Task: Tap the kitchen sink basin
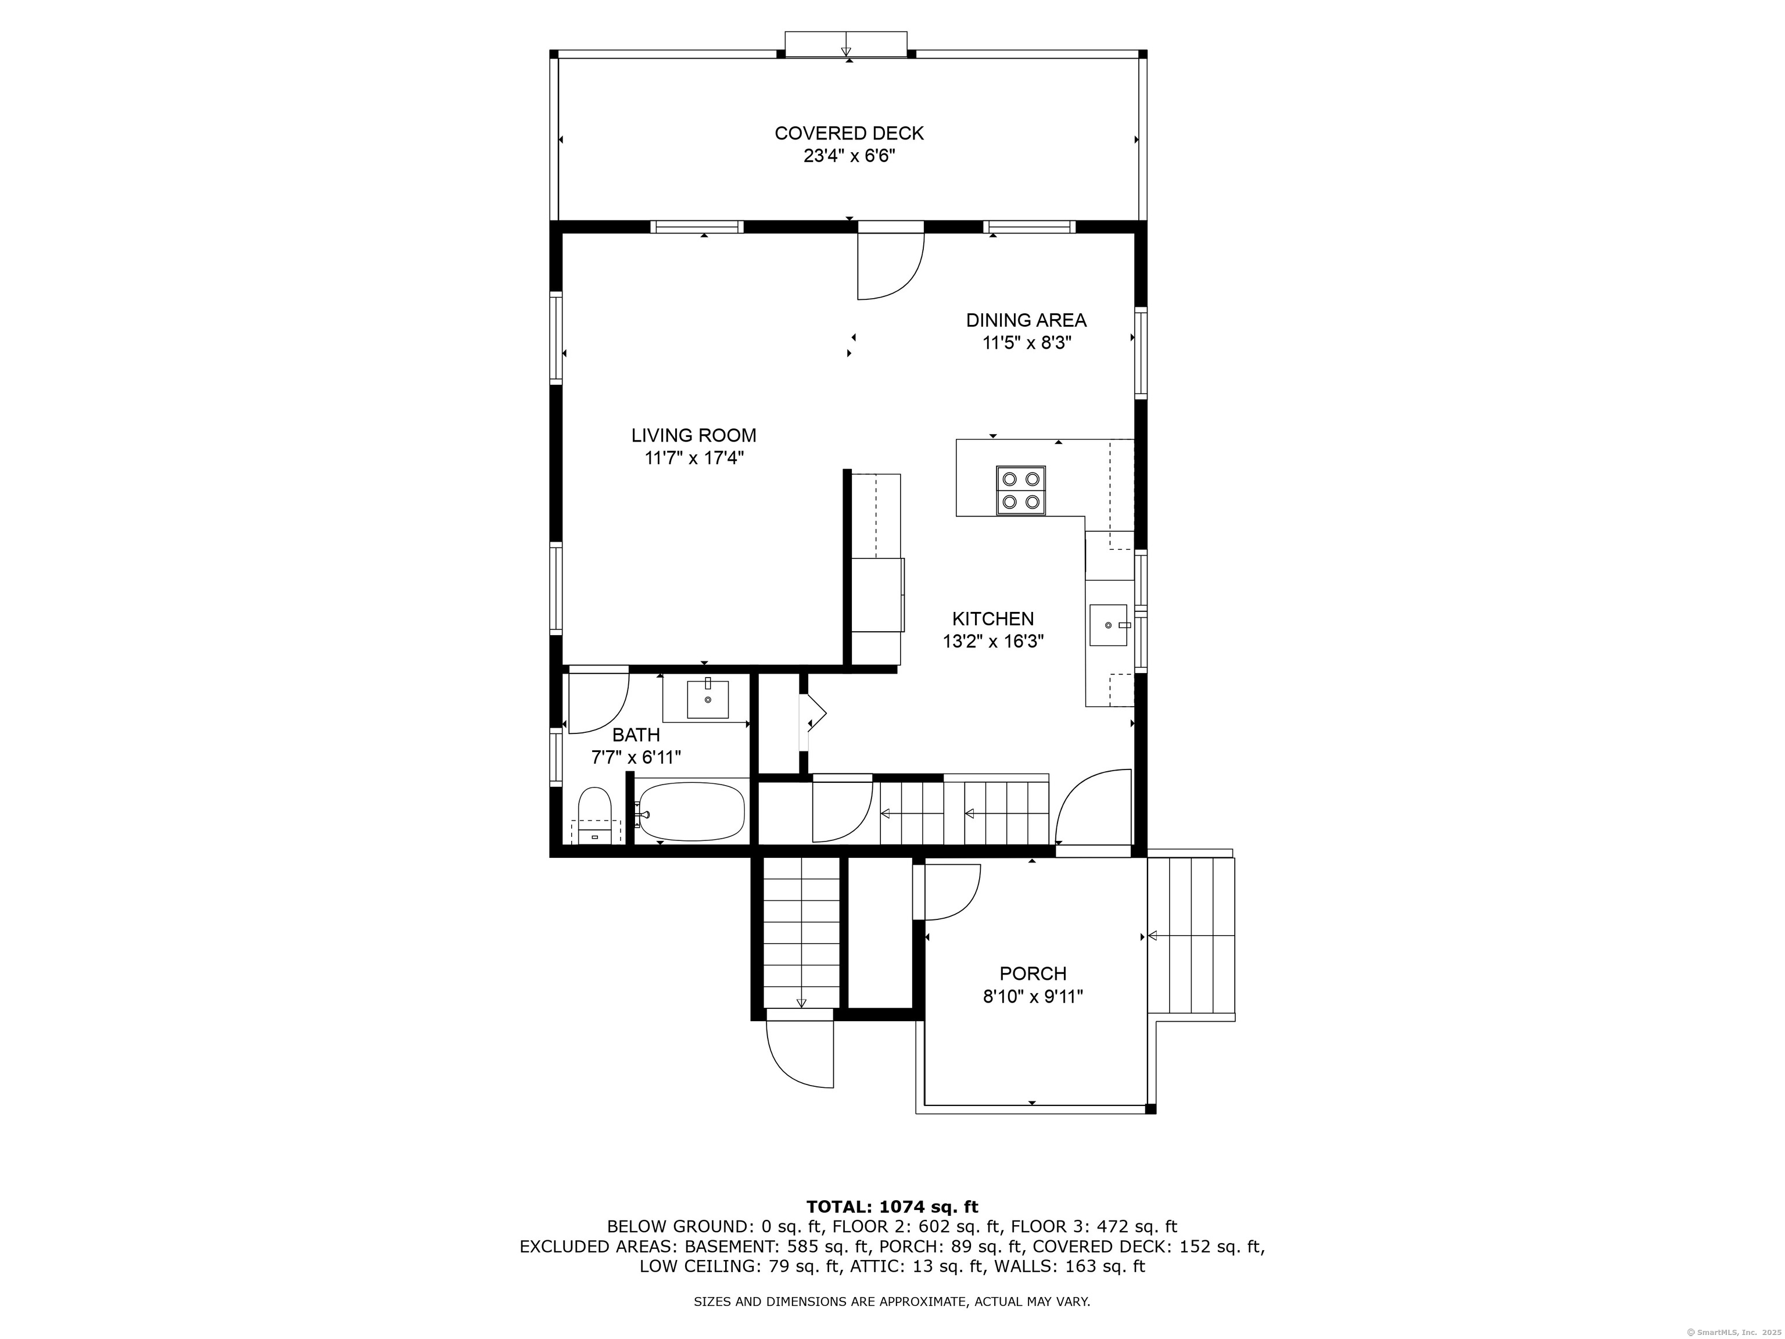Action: [1108, 625]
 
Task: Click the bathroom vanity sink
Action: [708, 699]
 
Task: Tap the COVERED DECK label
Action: [849, 133]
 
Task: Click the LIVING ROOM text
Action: [694, 435]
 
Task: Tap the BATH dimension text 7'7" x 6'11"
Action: [636, 758]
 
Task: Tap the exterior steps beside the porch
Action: [1191, 937]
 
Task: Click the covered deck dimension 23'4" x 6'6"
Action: [849, 156]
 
